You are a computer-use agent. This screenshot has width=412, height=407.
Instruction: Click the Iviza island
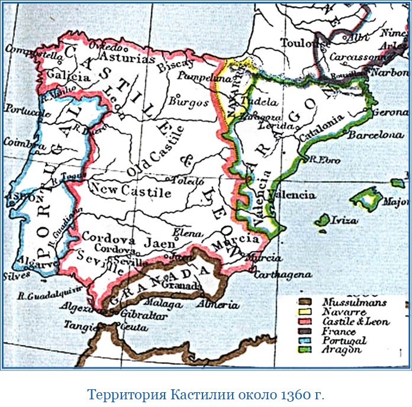[x=323, y=221]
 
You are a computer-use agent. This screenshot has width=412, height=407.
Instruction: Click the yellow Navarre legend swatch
[x=307, y=311]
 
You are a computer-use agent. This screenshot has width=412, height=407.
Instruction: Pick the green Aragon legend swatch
[x=307, y=350]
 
